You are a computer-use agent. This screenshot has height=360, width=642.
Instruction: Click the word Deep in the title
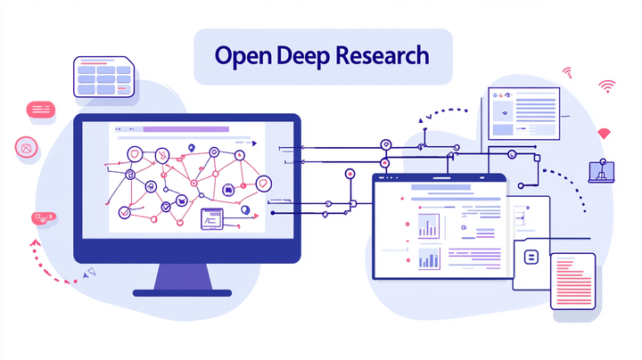(305, 55)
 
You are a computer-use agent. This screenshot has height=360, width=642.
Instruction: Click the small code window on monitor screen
(214, 217)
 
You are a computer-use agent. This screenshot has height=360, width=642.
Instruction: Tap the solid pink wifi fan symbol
(604, 134)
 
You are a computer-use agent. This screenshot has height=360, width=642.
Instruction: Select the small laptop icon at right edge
(601, 172)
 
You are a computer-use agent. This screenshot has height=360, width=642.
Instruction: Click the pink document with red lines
(572, 280)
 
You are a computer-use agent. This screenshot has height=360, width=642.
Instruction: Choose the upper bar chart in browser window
(429, 226)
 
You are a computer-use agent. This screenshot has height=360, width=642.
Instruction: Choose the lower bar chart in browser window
(429, 258)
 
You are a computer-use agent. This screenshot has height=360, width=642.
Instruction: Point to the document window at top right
(523, 113)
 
